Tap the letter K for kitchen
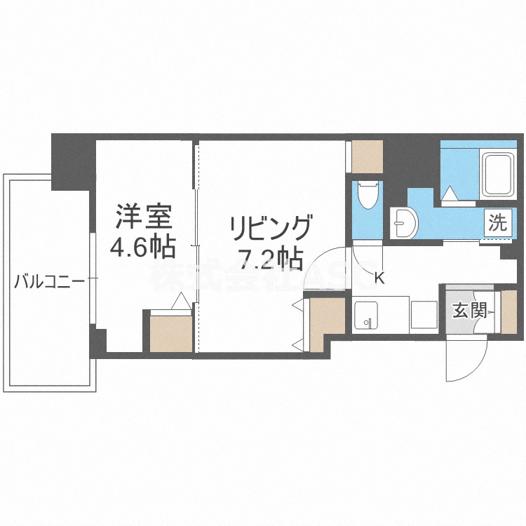[x=379, y=278]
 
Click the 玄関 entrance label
[x=469, y=309]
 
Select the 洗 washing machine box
[x=497, y=224]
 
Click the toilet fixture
[x=367, y=196]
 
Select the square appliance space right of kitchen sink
[x=424, y=313]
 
